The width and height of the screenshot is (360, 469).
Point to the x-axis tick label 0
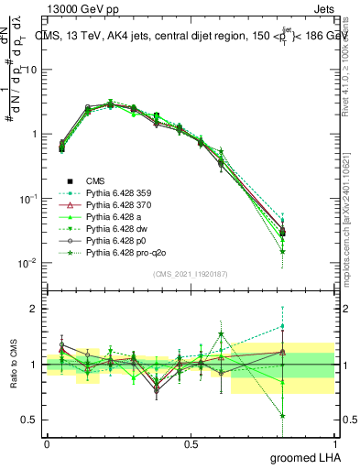click(47, 442)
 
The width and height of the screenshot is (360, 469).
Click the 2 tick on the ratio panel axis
click(34, 309)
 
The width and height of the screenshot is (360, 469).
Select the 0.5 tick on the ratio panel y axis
click(29, 420)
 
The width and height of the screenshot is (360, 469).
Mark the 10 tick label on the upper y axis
click(31, 71)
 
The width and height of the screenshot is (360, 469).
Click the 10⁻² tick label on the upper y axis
click(27, 264)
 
